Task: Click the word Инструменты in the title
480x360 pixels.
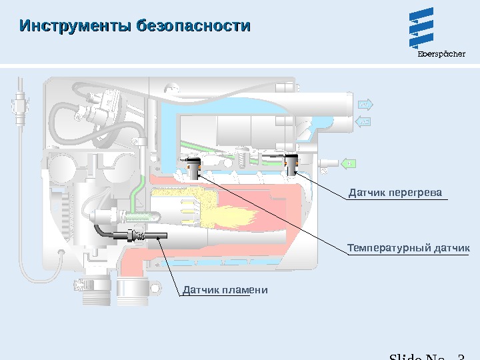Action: (x=75, y=27)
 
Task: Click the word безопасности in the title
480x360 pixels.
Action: (x=193, y=27)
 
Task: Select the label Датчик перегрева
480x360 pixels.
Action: (x=395, y=193)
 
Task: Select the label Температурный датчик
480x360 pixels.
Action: (x=408, y=248)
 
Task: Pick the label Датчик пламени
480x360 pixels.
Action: (x=225, y=290)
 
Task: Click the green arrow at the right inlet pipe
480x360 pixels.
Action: (x=347, y=163)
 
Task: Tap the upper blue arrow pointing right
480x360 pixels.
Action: (x=365, y=105)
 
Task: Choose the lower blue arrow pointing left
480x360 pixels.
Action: (x=363, y=121)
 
